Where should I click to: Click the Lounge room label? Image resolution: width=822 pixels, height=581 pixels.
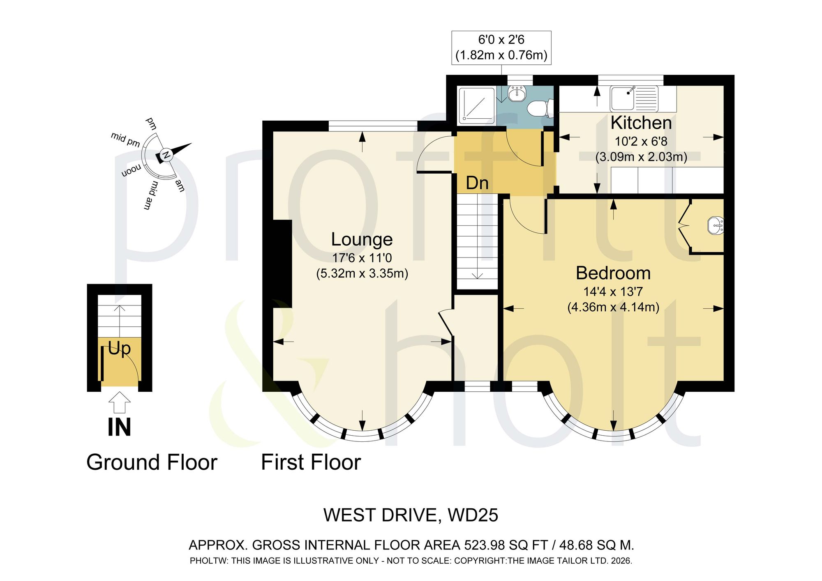pyautogui.click(x=362, y=240)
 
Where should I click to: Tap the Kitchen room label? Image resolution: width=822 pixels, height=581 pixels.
pyautogui.click(x=641, y=123)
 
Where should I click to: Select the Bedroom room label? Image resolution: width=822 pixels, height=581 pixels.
pyautogui.click(x=613, y=273)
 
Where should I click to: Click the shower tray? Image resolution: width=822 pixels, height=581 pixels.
pyautogui.click(x=476, y=106)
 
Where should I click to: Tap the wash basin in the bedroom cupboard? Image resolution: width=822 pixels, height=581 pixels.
pyautogui.click(x=716, y=226)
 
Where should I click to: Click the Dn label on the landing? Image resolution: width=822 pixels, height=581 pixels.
pyautogui.click(x=477, y=183)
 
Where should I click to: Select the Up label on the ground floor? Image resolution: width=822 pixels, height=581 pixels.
pyautogui.click(x=119, y=349)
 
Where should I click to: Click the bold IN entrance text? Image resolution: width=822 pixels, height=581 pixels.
pyautogui.click(x=119, y=427)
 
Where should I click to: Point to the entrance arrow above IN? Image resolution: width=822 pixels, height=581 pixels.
pyautogui.click(x=120, y=402)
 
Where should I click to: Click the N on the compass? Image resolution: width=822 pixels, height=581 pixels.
pyautogui.click(x=166, y=155)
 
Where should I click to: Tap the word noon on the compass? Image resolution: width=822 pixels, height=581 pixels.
pyautogui.click(x=131, y=170)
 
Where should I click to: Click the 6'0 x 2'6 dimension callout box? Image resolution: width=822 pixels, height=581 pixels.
pyautogui.click(x=501, y=48)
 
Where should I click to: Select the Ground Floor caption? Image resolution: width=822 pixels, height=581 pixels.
pyautogui.click(x=152, y=462)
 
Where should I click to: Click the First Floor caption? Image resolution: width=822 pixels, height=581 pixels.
pyautogui.click(x=311, y=462)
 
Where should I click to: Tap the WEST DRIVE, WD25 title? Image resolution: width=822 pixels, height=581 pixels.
pyautogui.click(x=411, y=515)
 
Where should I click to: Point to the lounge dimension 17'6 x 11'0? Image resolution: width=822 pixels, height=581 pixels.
pyautogui.click(x=362, y=258)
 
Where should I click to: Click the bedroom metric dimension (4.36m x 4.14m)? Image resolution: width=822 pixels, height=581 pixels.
pyautogui.click(x=613, y=307)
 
